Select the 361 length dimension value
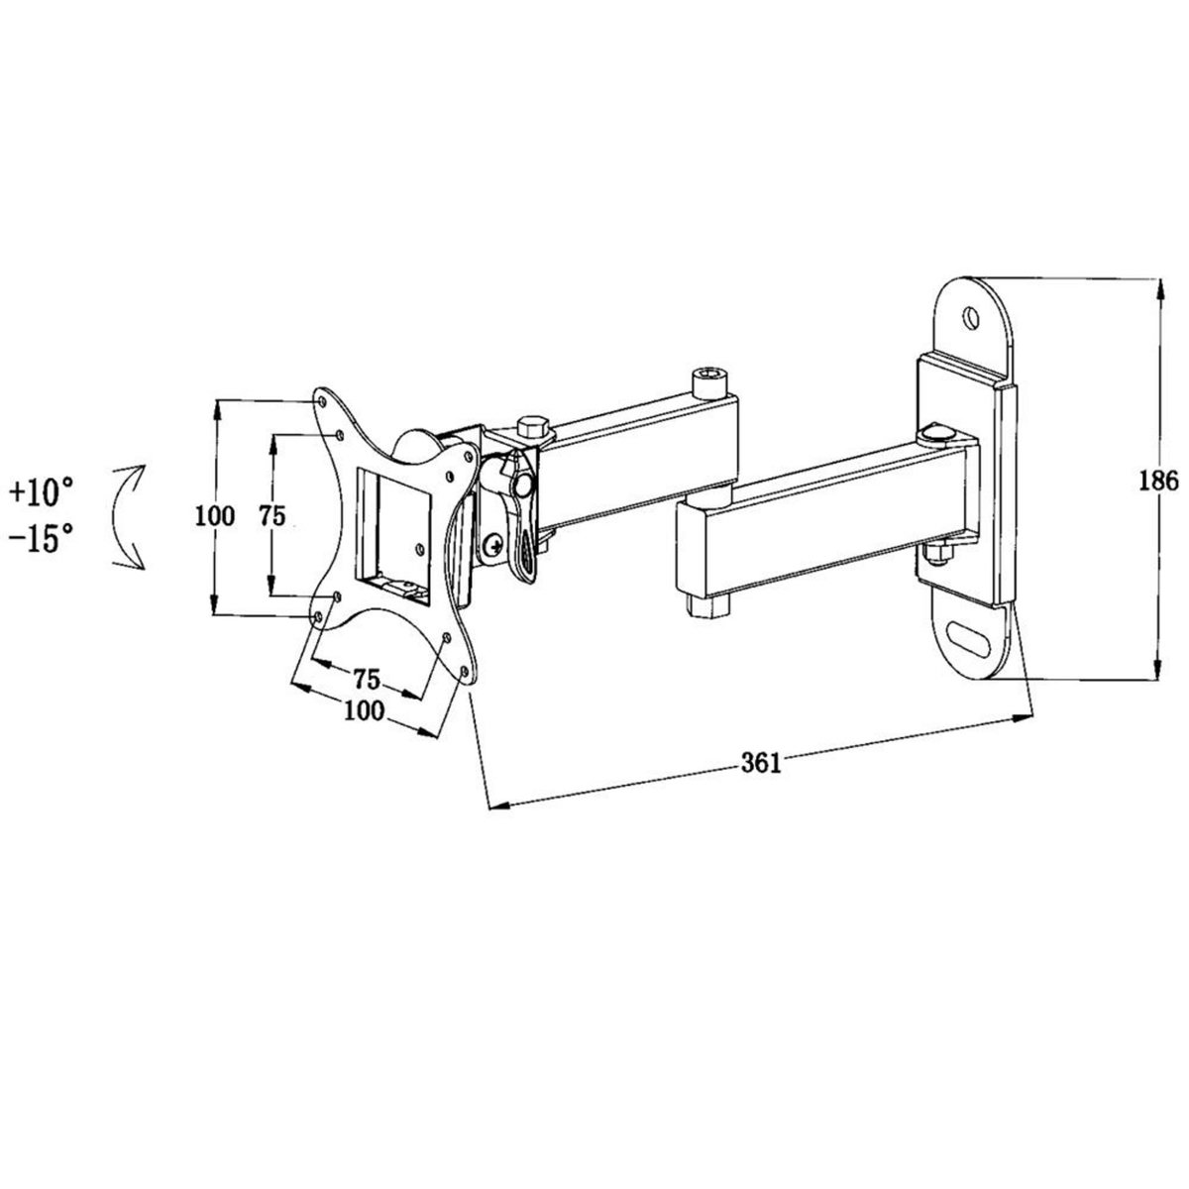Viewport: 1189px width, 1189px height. (x=762, y=762)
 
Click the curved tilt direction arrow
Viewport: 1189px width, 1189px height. (x=128, y=516)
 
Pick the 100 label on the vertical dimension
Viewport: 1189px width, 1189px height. (x=215, y=515)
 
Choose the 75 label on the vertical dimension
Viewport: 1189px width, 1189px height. (x=272, y=515)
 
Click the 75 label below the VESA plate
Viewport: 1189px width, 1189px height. (x=366, y=679)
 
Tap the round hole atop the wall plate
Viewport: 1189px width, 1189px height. (x=971, y=317)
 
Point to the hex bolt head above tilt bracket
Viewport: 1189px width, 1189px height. (x=532, y=426)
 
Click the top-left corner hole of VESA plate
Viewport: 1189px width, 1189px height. (x=322, y=401)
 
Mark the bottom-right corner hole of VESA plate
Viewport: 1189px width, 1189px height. (x=465, y=674)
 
